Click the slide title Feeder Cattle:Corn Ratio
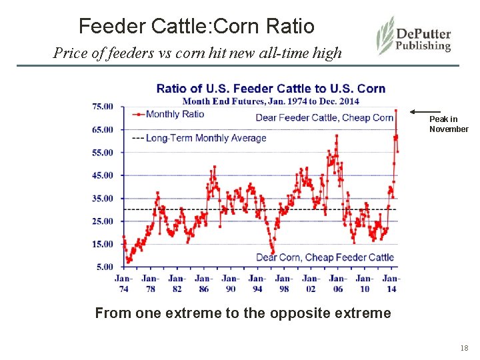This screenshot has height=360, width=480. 196,26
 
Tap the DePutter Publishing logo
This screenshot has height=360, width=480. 414,37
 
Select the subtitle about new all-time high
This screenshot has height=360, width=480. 197,52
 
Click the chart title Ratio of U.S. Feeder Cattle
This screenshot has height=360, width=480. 271,89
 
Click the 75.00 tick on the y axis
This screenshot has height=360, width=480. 103,107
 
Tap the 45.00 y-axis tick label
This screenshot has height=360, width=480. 103,175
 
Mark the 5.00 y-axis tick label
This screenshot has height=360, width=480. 105,267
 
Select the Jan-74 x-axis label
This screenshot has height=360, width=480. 123,283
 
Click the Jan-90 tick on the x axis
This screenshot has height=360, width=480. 231,283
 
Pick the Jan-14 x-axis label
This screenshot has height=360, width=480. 391,283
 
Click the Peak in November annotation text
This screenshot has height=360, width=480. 448,124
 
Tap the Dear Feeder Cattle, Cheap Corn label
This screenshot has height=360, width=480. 325,118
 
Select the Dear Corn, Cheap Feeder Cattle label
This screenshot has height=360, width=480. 325,257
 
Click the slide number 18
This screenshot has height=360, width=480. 464,349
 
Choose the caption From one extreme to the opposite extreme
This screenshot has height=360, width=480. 243,313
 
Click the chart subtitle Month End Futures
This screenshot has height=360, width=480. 271,101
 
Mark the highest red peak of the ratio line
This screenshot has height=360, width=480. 395,110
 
